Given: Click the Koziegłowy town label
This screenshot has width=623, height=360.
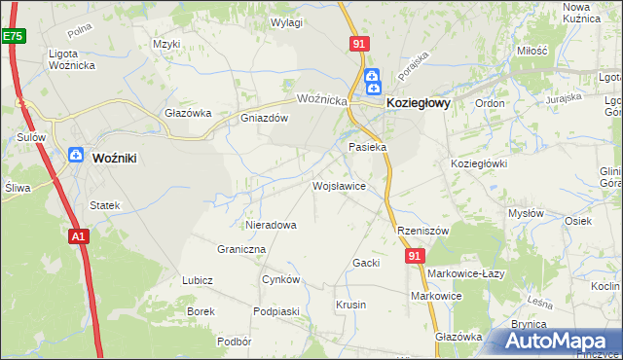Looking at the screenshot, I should tap(418, 101).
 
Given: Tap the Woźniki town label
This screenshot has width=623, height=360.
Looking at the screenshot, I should tap(120, 156).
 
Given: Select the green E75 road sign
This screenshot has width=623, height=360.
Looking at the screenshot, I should tap(12, 36).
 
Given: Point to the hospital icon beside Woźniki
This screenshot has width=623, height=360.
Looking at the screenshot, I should tap(76, 155).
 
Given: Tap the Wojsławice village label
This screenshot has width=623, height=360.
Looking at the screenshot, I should tap(338, 185).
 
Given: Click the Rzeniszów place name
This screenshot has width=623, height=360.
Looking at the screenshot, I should tap(421, 231).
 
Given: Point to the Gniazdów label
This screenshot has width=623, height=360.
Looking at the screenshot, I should tap(265, 119).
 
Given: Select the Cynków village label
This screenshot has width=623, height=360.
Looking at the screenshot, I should tap(280, 279).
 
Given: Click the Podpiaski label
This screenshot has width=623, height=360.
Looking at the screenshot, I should tap(275, 311).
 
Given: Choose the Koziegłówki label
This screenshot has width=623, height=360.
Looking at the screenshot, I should tap(479, 163).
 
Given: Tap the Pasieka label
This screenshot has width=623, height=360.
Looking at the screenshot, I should tap(368, 147).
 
